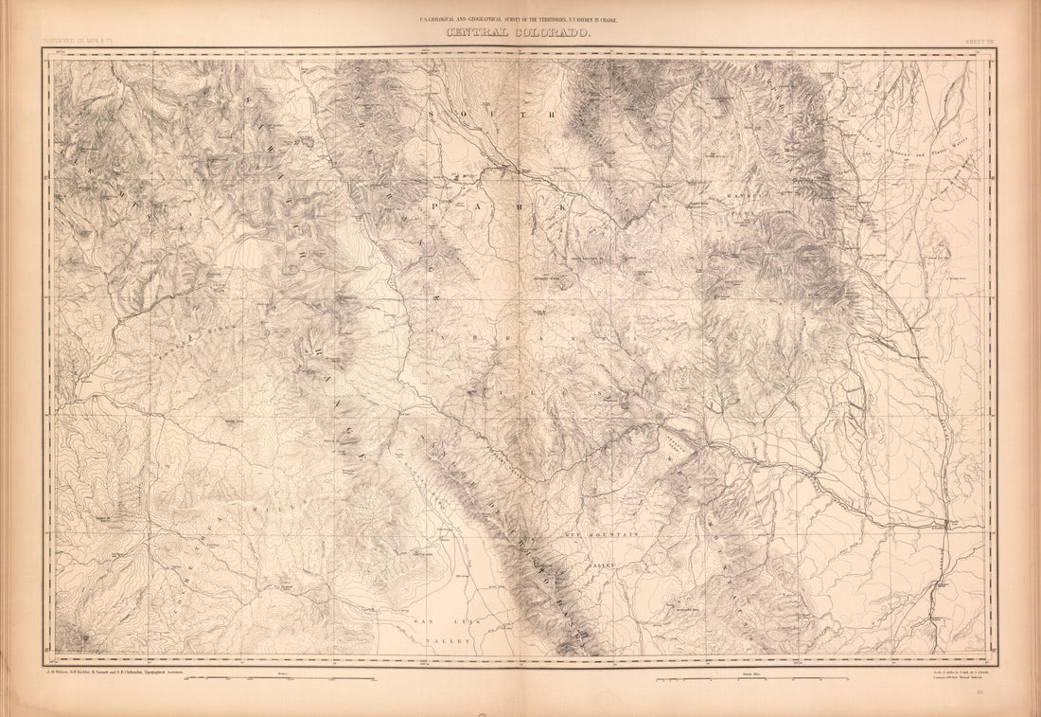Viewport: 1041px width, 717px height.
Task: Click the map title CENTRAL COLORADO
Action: pos(520,33)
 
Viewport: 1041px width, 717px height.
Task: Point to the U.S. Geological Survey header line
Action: pos(520,19)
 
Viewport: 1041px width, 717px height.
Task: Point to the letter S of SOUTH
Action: pos(433,113)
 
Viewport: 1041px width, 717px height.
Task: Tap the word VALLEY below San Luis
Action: pos(448,641)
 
